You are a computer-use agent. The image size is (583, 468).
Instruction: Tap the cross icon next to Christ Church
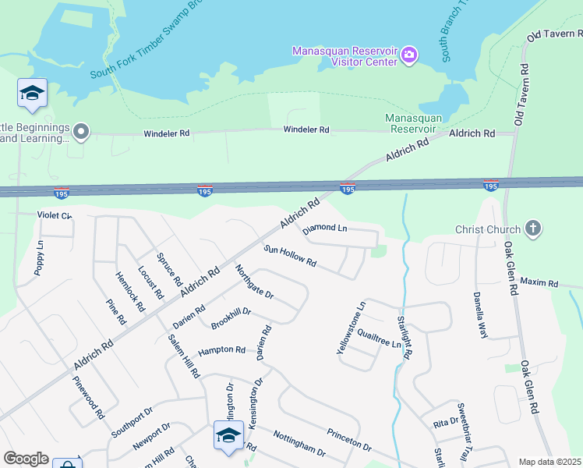[x=533, y=229]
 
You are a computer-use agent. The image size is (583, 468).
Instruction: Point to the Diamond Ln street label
[x=325, y=228]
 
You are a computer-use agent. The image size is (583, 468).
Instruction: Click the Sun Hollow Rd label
[x=290, y=256]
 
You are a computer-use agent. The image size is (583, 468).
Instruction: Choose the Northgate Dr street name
[x=254, y=282]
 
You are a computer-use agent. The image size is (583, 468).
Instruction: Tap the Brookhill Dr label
[x=231, y=316]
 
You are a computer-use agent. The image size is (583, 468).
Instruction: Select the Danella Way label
[x=480, y=315]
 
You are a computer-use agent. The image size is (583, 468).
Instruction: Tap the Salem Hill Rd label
[x=184, y=356]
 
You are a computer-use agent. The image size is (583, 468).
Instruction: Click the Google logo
[x=26, y=459]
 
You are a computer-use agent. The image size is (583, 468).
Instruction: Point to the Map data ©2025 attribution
[x=549, y=462]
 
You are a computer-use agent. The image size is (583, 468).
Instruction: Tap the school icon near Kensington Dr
[x=228, y=435]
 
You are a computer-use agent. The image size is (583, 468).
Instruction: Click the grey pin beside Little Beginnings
[x=82, y=131]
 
